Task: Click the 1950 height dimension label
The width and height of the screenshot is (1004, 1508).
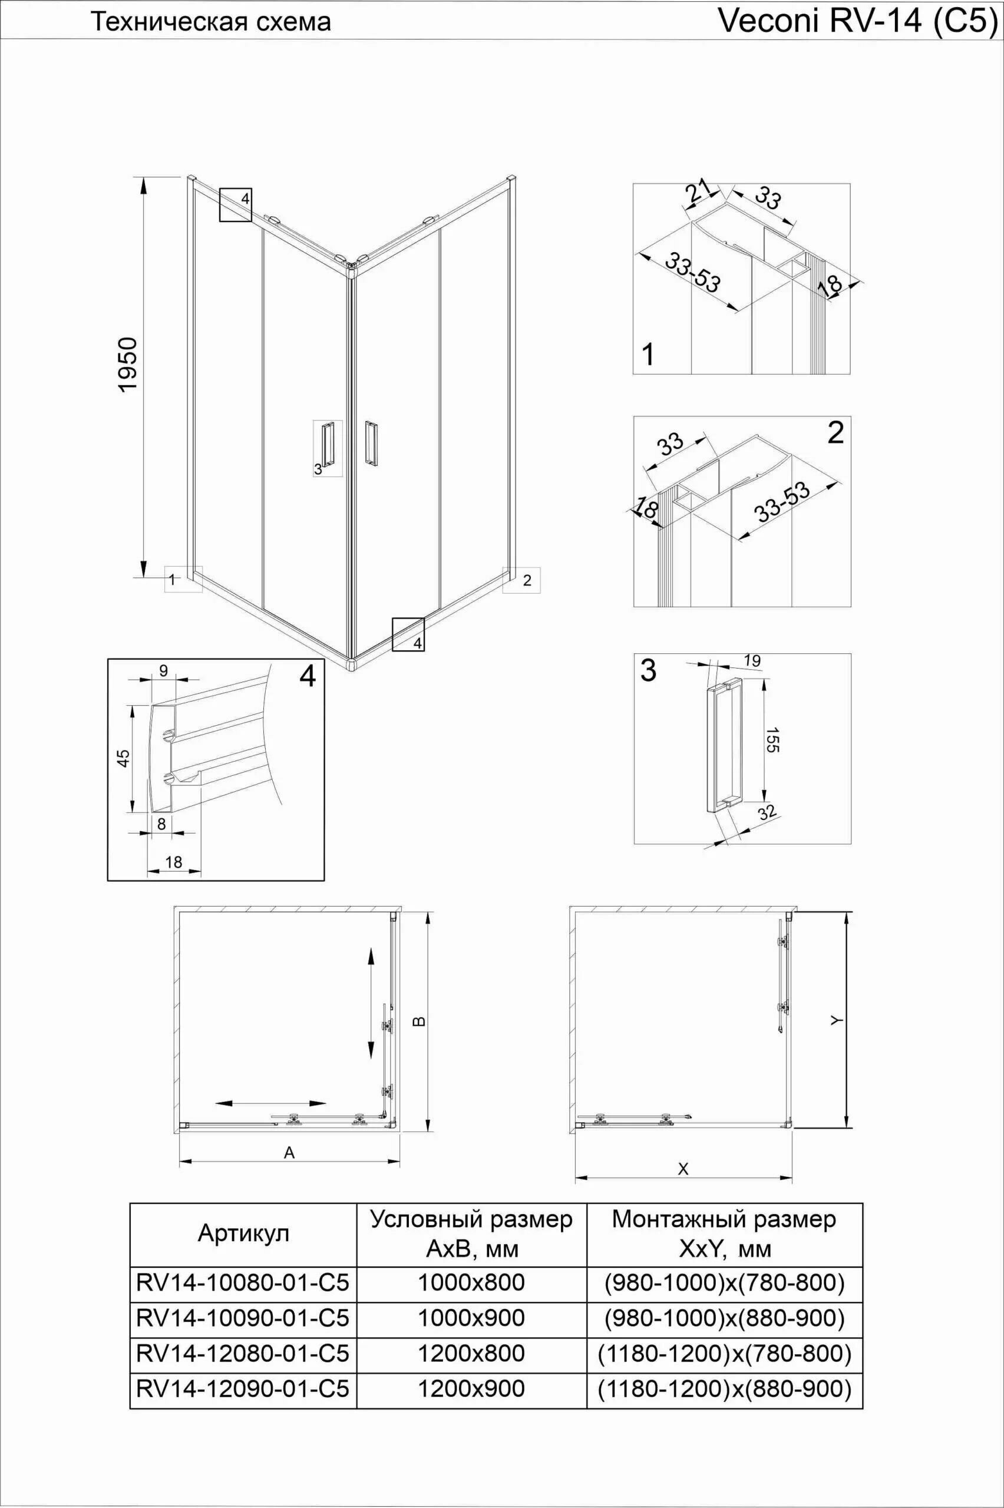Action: click(x=128, y=365)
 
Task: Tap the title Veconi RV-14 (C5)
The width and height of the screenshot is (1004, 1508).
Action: click(x=858, y=21)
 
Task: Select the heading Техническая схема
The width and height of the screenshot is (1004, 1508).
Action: click(x=211, y=22)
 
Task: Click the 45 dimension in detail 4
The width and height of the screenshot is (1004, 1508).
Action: click(x=124, y=758)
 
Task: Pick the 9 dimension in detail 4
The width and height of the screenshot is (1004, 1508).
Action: click(x=163, y=670)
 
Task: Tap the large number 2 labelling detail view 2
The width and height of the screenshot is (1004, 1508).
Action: click(x=835, y=434)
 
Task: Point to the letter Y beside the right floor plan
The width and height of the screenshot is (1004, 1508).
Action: click(x=835, y=1021)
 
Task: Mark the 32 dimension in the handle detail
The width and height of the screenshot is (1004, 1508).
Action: click(x=767, y=813)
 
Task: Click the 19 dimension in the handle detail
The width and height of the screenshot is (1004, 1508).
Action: click(x=753, y=660)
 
